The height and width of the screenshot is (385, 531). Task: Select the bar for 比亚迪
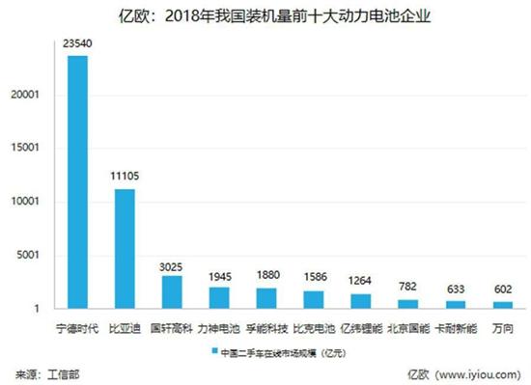point(125,248)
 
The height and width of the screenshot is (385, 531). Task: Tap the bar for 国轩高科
point(172,291)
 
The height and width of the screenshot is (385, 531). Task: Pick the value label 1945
point(219,276)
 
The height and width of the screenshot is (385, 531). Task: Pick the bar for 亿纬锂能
point(361,300)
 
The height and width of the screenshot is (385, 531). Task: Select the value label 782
point(407,288)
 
